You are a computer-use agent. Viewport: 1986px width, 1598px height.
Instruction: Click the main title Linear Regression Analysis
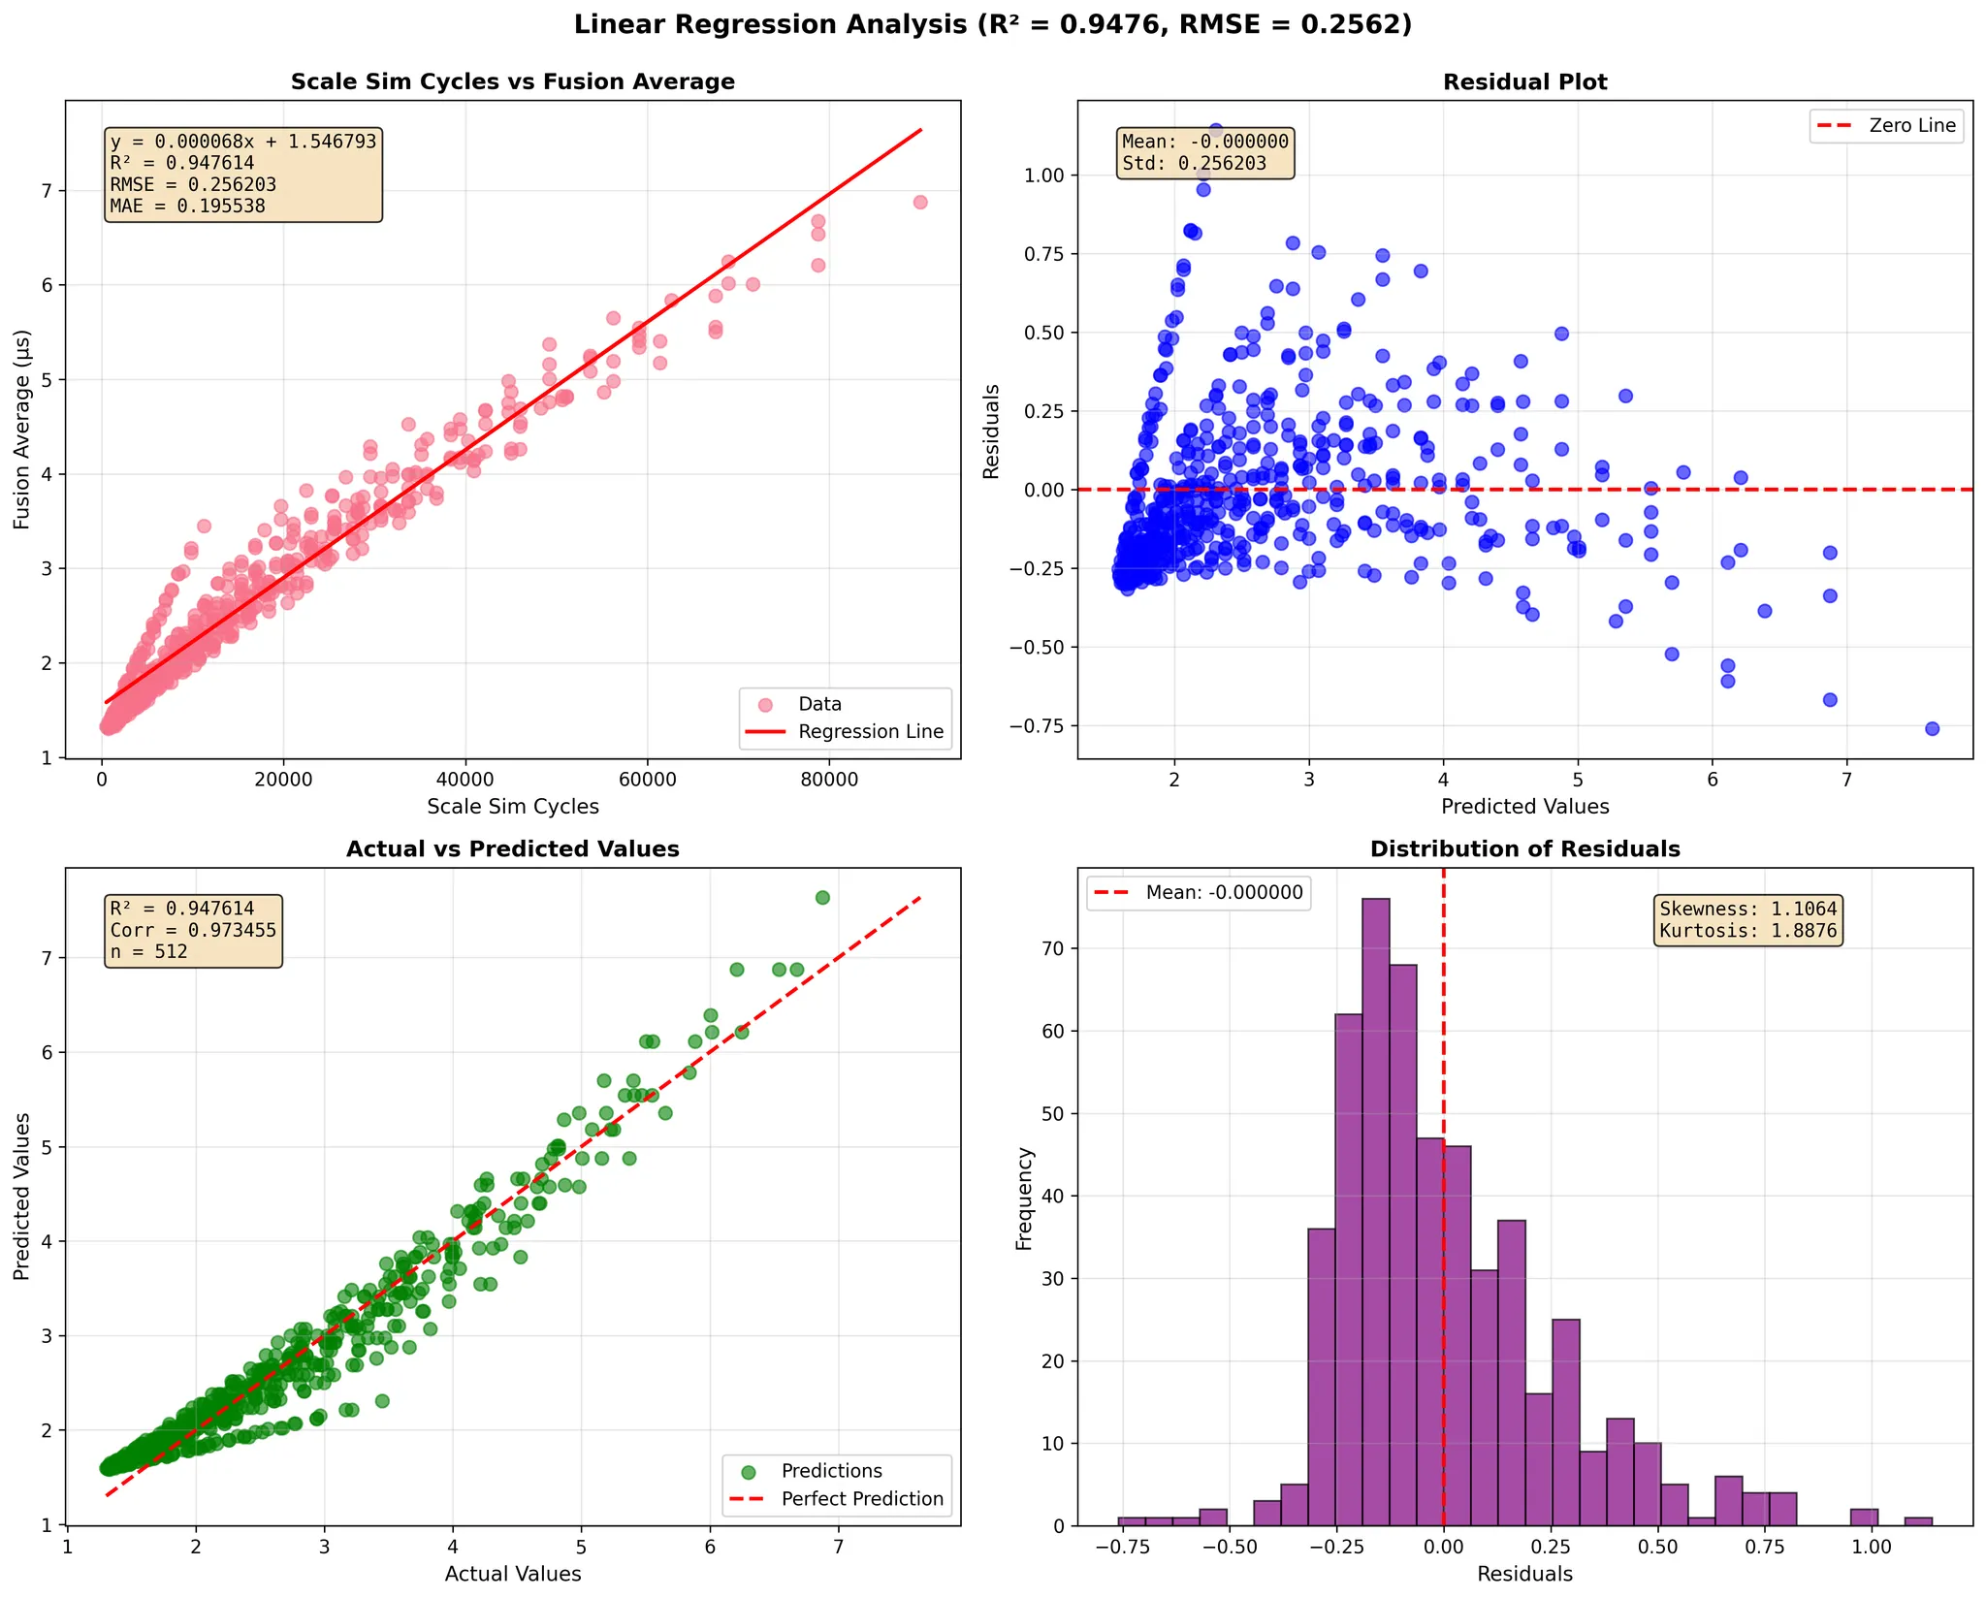(992, 25)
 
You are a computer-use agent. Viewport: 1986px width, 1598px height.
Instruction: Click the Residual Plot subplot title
(1524, 82)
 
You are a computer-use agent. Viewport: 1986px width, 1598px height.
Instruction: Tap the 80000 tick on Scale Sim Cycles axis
(828, 781)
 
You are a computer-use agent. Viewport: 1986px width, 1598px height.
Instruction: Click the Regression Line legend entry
(870, 732)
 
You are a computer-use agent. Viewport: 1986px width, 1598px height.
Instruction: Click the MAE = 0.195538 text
(187, 206)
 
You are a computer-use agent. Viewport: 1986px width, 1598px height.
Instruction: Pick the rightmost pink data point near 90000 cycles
(920, 203)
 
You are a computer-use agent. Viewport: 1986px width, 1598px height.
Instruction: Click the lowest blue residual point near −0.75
(1932, 728)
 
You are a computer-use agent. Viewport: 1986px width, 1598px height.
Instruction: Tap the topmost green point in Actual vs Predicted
(822, 898)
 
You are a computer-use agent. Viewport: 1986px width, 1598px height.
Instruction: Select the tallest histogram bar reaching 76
(1375, 1212)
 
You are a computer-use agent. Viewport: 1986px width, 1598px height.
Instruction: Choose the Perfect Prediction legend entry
(861, 1499)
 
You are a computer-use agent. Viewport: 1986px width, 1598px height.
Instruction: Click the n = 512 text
(148, 952)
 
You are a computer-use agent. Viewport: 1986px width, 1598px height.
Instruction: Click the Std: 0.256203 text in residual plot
(1194, 164)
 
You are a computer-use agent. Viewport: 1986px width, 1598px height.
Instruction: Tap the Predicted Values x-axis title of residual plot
(1524, 807)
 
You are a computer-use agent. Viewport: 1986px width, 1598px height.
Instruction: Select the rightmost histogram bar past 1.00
(1918, 1520)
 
